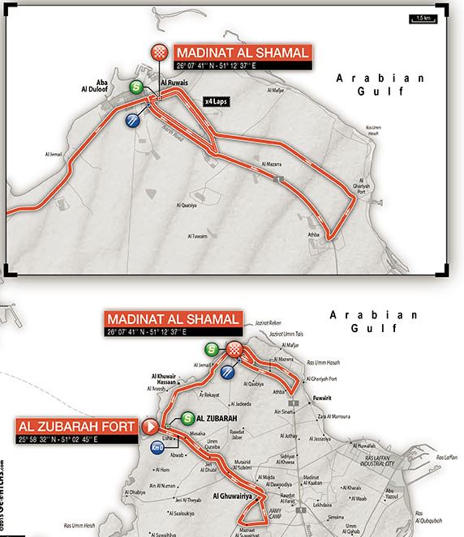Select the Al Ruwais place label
(x=173, y=83)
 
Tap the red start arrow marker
(x=148, y=424)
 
